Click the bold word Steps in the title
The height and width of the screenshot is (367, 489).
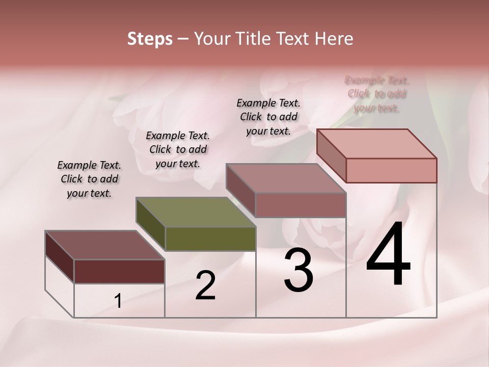150,39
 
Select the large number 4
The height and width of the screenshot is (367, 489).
388,255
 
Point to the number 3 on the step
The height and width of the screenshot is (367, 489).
298,270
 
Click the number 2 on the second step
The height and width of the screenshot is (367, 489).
205,285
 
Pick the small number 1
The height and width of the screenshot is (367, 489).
118,301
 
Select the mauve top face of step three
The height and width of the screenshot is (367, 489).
286,178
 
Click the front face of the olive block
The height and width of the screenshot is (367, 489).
210,239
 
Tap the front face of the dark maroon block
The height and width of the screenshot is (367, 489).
119,271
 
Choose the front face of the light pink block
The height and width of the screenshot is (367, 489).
391,170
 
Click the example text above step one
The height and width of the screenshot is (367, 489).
89,179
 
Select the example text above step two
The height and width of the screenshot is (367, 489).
178,149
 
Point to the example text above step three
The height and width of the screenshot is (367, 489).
268,117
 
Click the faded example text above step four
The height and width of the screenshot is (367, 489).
377,94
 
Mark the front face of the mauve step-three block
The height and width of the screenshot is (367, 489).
301,205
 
